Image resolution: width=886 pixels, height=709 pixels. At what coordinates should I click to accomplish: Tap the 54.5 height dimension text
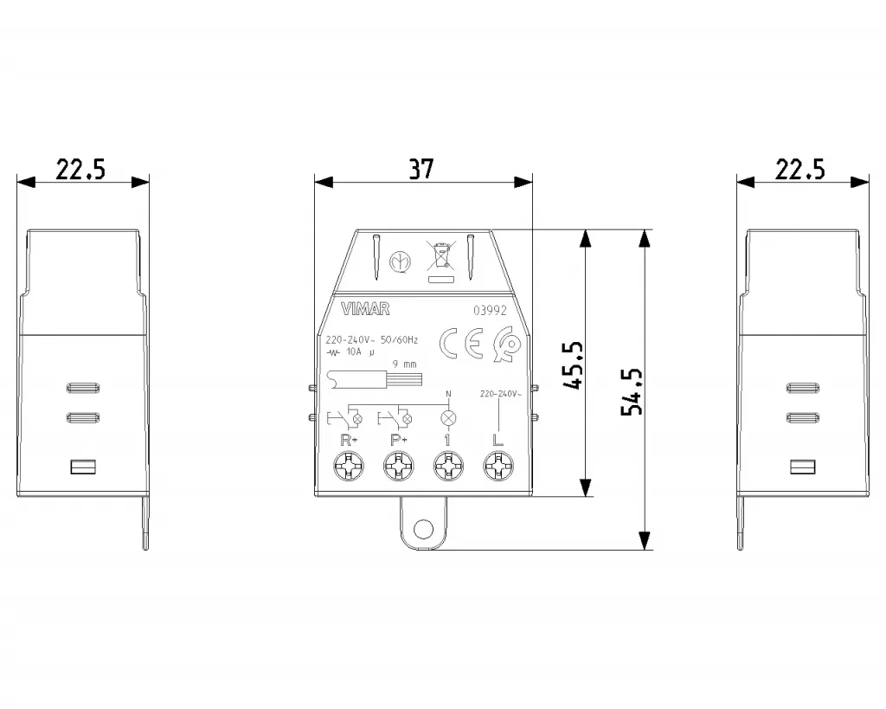(x=633, y=391)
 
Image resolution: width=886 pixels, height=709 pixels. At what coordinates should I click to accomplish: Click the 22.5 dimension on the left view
(x=80, y=169)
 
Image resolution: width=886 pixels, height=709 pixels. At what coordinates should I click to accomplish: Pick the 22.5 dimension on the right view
(x=799, y=169)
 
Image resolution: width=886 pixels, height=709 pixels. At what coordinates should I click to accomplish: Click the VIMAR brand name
(x=366, y=309)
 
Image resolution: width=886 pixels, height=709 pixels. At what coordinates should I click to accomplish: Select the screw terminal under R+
(x=349, y=470)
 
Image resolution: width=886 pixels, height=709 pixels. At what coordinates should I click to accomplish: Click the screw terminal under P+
(x=398, y=470)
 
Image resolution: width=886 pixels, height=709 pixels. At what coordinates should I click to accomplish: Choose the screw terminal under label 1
(x=447, y=470)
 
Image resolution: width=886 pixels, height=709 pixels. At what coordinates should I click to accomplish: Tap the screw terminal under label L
(x=497, y=470)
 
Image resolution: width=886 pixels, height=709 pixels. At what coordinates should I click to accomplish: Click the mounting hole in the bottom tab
(x=423, y=529)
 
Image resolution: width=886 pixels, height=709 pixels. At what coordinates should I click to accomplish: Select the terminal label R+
(x=348, y=439)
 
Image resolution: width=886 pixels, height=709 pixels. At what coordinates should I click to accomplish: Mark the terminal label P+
(x=398, y=439)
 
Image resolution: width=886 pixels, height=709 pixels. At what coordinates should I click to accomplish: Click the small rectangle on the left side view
(x=81, y=467)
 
